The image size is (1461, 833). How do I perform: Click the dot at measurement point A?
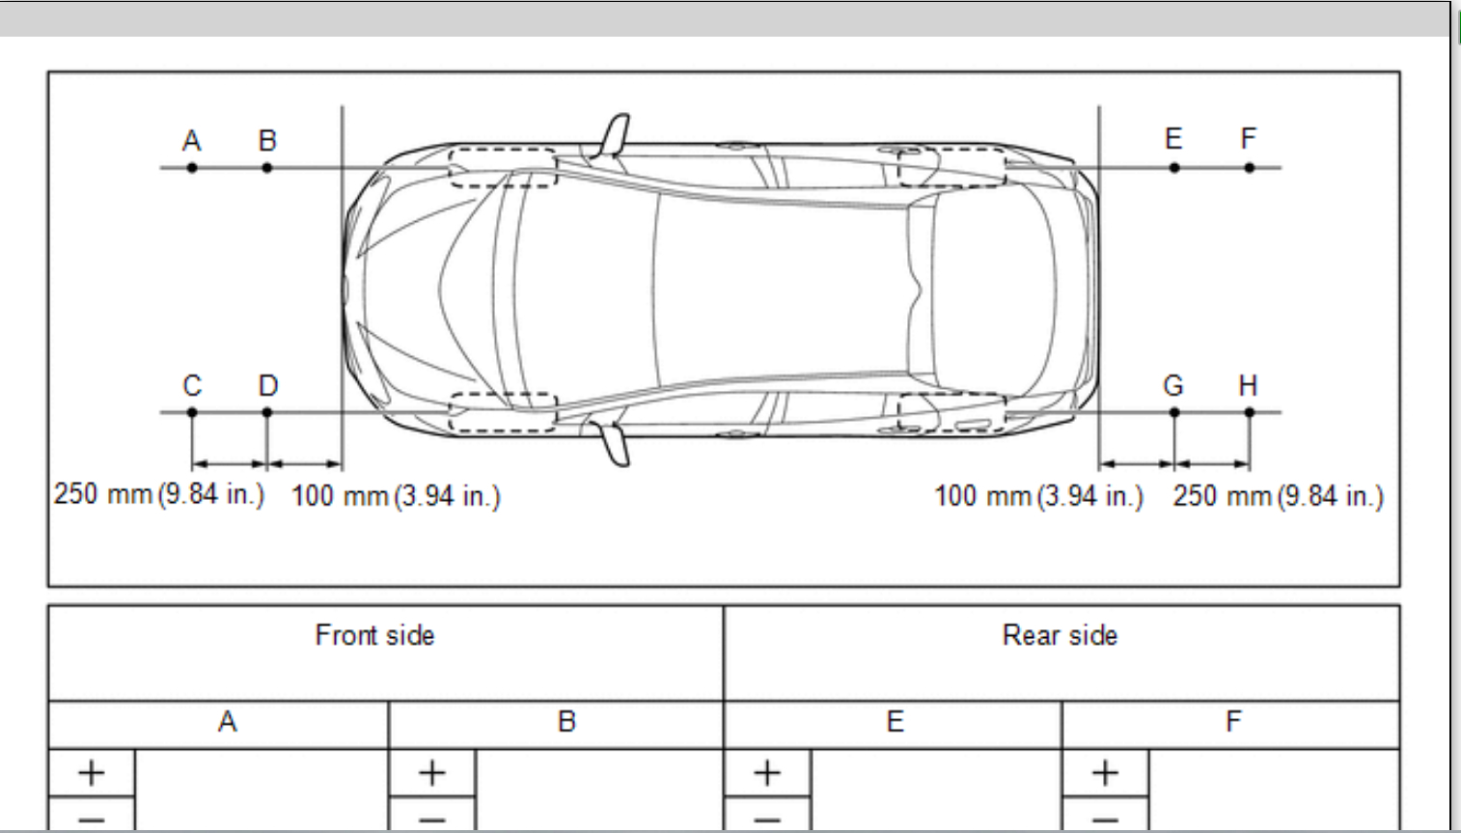pyautogui.click(x=192, y=168)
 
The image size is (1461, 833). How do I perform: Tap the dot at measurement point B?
pyautogui.click(x=266, y=168)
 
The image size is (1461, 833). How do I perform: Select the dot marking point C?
pyautogui.click(x=192, y=412)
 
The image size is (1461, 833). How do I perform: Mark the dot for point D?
pyautogui.click(x=266, y=412)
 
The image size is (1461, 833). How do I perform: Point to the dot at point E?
pyautogui.click(x=1174, y=168)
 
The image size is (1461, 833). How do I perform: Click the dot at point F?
pyautogui.click(x=1249, y=168)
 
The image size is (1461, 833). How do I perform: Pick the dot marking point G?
pyautogui.click(x=1174, y=412)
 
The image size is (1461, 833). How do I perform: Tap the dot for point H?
pyautogui.click(x=1249, y=412)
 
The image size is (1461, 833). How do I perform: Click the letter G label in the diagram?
pyautogui.click(x=1173, y=385)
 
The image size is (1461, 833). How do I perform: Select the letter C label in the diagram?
pyautogui.click(x=192, y=385)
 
